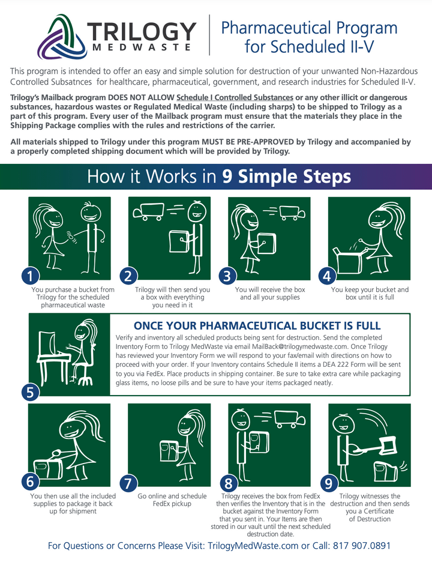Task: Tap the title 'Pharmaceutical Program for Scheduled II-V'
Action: pos(309,36)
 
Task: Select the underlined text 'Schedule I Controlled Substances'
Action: pos(235,97)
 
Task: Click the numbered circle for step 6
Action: pos(30,482)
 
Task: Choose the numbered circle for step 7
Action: pos(128,482)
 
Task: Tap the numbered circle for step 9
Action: pos(328,482)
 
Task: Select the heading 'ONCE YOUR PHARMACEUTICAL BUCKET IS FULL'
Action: pos(257,325)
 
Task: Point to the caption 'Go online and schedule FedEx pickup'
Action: pos(172,500)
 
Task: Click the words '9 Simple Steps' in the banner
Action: pos(286,177)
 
